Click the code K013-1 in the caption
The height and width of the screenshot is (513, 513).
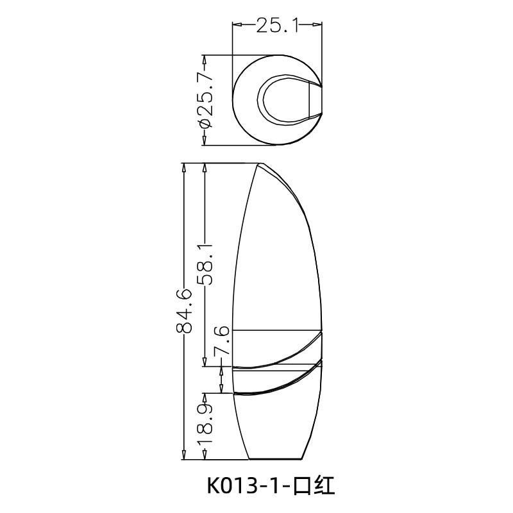[249, 485]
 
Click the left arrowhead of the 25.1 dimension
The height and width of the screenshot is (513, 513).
[237, 26]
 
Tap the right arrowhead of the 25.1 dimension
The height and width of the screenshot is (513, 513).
[318, 26]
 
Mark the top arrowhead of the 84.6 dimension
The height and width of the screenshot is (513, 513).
[184, 167]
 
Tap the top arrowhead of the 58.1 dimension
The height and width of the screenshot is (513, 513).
[205, 167]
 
